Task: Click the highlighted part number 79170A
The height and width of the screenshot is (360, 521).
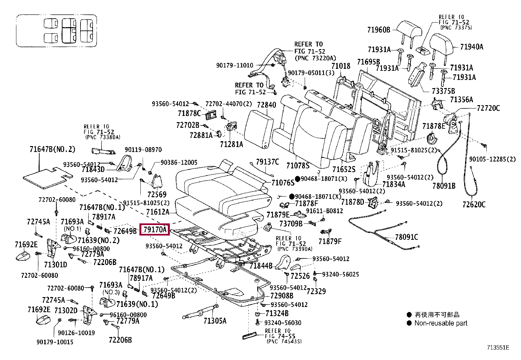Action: point(155,230)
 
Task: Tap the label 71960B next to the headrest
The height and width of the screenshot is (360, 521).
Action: point(379,30)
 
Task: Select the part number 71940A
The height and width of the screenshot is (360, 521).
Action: point(472,47)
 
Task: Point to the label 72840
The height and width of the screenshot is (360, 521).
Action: point(266,105)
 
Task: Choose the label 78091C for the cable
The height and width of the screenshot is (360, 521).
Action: point(406,237)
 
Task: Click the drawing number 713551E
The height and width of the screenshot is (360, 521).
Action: point(498,348)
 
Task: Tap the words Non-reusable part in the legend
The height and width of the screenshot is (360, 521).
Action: point(441,323)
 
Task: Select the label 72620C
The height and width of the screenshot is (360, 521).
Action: point(474,204)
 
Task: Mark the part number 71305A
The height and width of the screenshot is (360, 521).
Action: point(215,321)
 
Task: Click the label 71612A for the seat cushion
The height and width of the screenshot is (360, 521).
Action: point(158,212)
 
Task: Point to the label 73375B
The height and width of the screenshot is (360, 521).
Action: point(443,91)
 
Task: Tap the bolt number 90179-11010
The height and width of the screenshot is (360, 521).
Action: point(234,66)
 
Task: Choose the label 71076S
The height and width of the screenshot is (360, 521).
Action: point(283,182)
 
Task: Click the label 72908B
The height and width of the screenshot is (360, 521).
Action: point(282,296)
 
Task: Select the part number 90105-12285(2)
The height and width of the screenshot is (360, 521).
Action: point(492,159)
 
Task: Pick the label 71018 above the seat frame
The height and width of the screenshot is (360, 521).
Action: point(341,66)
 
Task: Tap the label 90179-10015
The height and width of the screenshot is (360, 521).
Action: point(55,342)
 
